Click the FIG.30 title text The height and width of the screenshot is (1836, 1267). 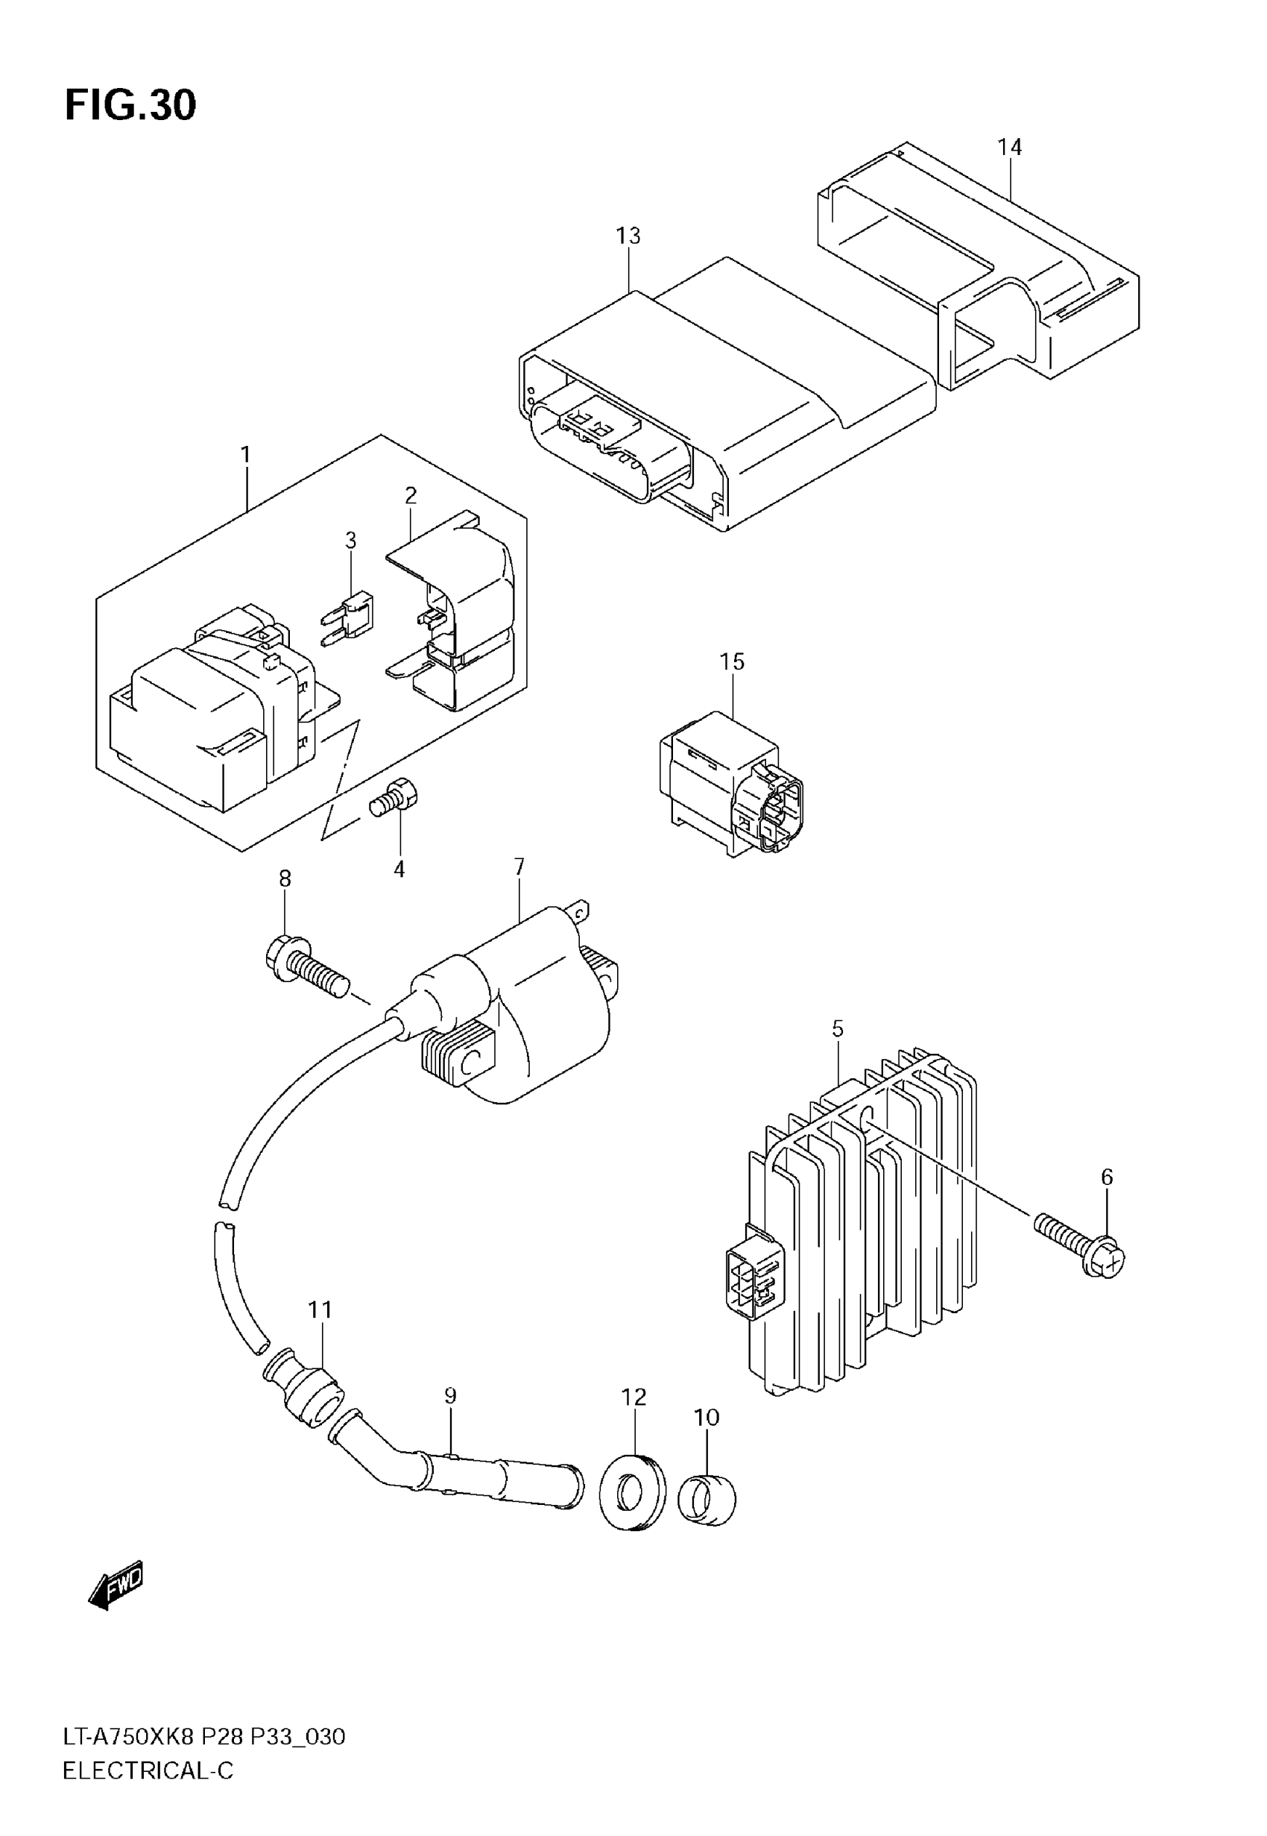tap(130, 106)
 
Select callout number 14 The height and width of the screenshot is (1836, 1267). tap(1010, 147)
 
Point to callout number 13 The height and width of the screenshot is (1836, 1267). tap(628, 236)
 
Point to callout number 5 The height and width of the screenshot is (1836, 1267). tap(838, 1029)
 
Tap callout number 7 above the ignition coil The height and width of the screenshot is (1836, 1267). tap(519, 867)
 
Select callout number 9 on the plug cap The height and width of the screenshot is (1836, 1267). tap(450, 1396)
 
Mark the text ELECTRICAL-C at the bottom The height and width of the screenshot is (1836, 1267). tap(148, 1771)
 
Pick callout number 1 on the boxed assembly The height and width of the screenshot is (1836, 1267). tap(245, 455)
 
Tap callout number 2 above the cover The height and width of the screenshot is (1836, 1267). tap(411, 495)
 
